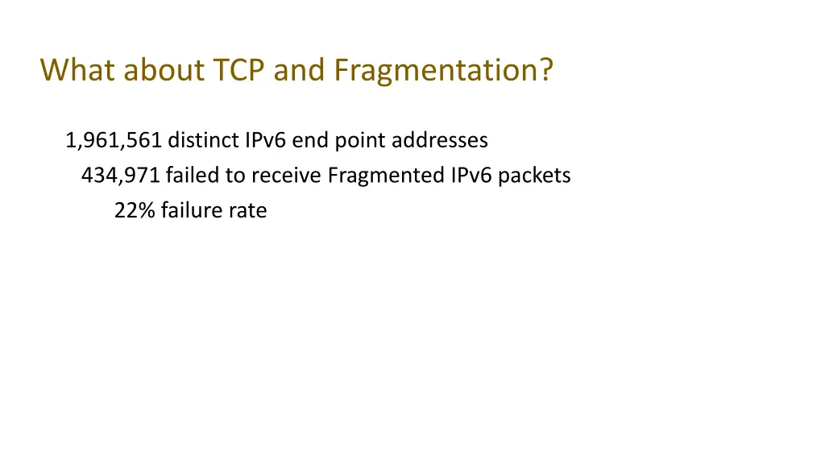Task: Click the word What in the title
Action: [x=78, y=71]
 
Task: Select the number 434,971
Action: [x=121, y=176]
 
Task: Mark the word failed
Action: [x=190, y=176]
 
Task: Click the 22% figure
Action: [x=135, y=211]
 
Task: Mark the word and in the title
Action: [x=301, y=71]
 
